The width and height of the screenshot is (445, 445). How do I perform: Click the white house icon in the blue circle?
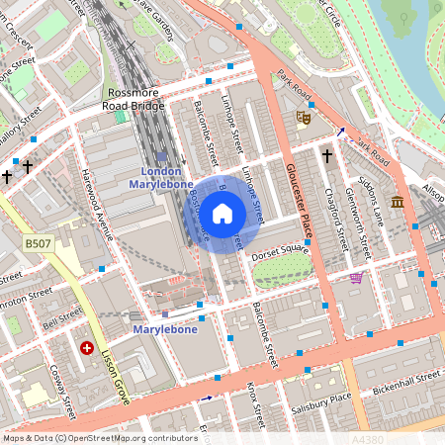[222, 214]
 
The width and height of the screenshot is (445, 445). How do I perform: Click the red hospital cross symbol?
[88, 348]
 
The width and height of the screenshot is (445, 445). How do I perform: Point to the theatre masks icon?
[304, 118]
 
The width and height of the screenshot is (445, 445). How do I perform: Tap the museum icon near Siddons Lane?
[397, 202]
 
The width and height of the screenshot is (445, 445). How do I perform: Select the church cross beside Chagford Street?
[327, 155]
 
